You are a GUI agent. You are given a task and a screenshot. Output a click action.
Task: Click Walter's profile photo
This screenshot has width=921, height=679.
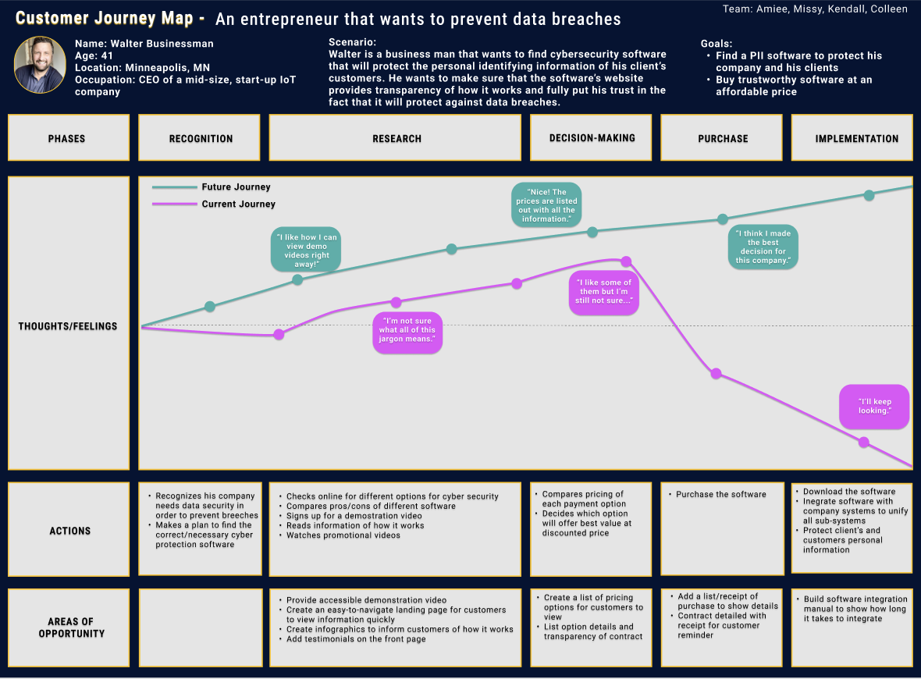(40, 65)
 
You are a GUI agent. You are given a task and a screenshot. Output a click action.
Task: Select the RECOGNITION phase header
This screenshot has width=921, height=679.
(201, 139)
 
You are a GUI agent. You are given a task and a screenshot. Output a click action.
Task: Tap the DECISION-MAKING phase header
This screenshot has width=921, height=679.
(592, 138)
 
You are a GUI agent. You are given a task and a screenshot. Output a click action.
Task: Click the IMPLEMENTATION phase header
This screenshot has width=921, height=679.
(856, 139)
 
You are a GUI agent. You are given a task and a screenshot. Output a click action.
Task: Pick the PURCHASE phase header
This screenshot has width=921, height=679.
(723, 139)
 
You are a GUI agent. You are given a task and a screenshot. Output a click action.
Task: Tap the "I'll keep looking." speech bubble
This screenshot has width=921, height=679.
(873, 406)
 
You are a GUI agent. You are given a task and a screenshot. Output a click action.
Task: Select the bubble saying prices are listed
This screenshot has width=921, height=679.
(546, 204)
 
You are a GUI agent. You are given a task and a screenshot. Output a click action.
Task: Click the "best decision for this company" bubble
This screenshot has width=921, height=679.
(763, 247)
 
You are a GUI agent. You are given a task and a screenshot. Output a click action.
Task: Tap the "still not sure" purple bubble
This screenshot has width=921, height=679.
(603, 293)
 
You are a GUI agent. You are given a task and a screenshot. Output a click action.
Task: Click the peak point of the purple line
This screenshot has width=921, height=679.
(625, 261)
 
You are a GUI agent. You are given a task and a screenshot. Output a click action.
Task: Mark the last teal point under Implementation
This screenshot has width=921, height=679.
(869, 195)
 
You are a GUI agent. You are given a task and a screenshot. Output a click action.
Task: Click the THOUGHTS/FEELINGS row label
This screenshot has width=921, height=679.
(68, 326)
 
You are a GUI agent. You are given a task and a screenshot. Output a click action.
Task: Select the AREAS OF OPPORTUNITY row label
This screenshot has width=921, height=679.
(71, 628)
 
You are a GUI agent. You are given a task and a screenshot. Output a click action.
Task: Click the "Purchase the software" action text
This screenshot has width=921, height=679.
(720, 495)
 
